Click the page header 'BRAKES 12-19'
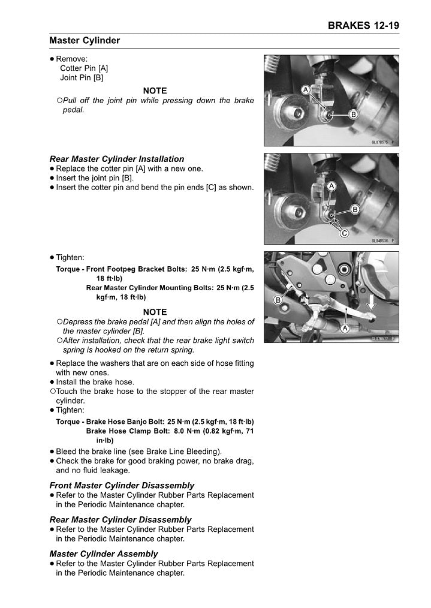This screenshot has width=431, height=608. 363,26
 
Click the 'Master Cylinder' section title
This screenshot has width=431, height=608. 85,41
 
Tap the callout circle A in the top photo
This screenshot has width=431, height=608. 305,89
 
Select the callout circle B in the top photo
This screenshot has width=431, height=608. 354,114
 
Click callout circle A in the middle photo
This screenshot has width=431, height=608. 331,187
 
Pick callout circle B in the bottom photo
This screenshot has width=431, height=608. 278,300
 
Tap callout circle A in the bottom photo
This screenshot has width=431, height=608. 345,329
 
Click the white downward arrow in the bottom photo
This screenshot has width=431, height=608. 371,302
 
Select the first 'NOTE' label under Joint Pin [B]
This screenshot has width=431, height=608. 155,91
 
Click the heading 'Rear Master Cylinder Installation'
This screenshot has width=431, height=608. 117,159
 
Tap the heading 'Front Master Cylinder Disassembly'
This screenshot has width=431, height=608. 122,485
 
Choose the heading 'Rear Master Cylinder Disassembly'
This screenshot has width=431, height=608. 120,519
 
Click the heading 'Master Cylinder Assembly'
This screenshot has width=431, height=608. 104,553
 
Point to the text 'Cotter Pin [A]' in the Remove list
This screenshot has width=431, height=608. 84,68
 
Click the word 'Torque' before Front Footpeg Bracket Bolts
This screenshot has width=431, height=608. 68,269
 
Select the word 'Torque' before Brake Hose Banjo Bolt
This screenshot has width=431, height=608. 68,422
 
